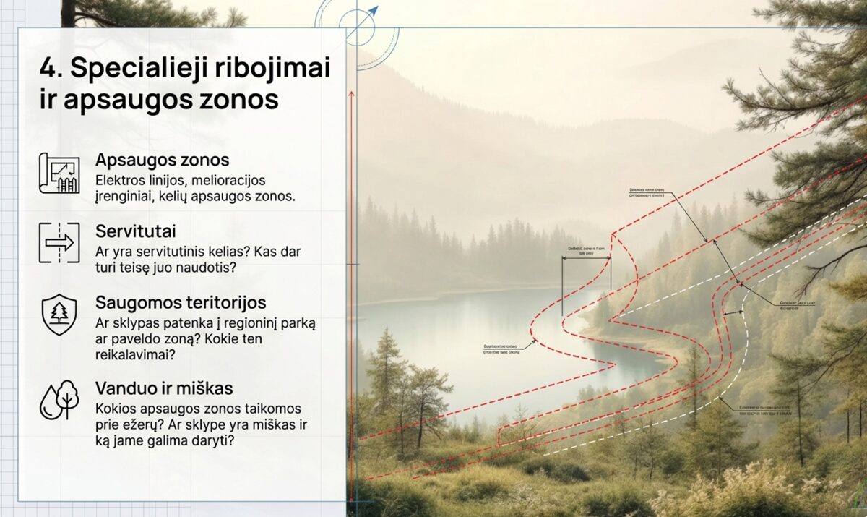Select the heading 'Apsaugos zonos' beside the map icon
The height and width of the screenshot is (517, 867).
(x=162, y=161)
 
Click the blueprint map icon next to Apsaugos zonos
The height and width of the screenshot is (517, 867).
(x=59, y=173)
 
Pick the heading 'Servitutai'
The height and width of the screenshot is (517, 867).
(x=136, y=231)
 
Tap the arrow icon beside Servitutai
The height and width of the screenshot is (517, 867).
(x=59, y=243)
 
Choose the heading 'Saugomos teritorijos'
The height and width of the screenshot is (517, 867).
(x=181, y=302)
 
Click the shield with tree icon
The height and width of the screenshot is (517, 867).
(x=59, y=314)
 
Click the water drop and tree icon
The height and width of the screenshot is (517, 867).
(x=59, y=399)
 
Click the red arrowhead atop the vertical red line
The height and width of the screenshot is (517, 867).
(x=350, y=95)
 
